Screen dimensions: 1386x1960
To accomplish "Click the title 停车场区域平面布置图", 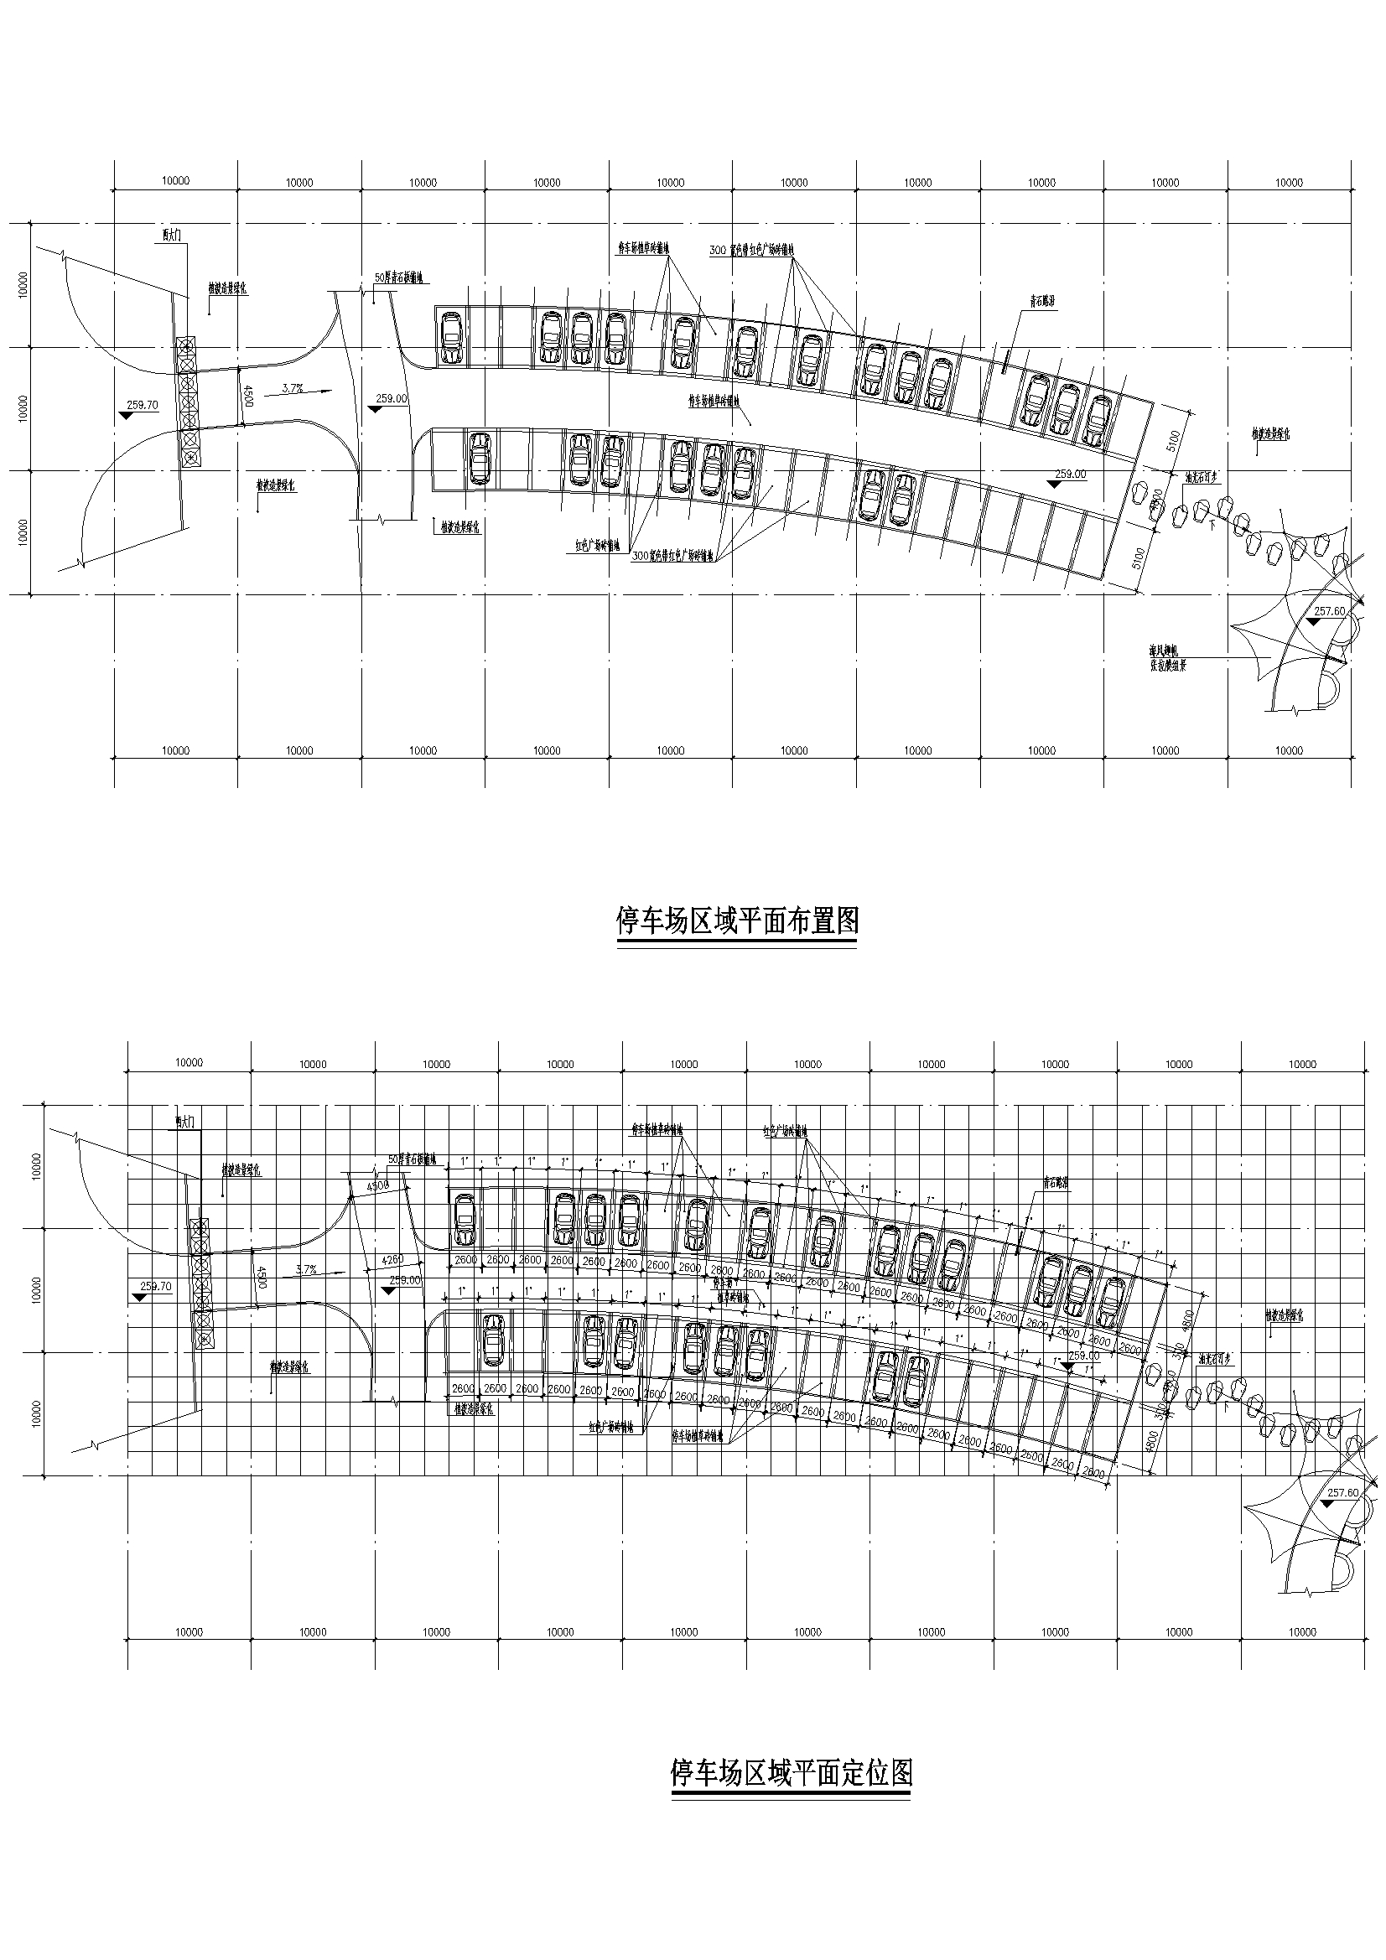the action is pyautogui.click(x=737, y=921).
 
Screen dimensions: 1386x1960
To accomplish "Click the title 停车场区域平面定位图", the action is pyautogui.click(x=792, y=1773).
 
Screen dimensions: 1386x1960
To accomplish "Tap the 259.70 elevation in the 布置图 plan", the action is pyautogui.click(x=143, y=406).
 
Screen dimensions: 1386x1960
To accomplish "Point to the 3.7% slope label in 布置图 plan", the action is pyautogui.click(x=293, y=388).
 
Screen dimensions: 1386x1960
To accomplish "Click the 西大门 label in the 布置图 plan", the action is pyautogui.click(x=173, y=234).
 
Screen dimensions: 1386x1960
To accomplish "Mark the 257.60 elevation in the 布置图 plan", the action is pyautogui.click(x=1330, y=611).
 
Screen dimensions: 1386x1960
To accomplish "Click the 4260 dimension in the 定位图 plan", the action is pyautogui.click(x=393, y=1259).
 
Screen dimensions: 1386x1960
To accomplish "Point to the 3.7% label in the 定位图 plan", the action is pyautogui.click(x=307, y=1269).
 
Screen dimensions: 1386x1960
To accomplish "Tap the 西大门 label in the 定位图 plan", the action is pyautogui.click(x=185, y=1120).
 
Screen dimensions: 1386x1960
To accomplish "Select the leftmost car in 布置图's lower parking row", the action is pyautogui.click(x=480, y=459).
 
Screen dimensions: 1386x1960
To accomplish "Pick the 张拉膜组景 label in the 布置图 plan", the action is pyautogui.click(x=1167, y=666).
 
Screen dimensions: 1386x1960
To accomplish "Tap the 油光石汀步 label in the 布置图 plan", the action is pyautogui.click(x=1202, y=479).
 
